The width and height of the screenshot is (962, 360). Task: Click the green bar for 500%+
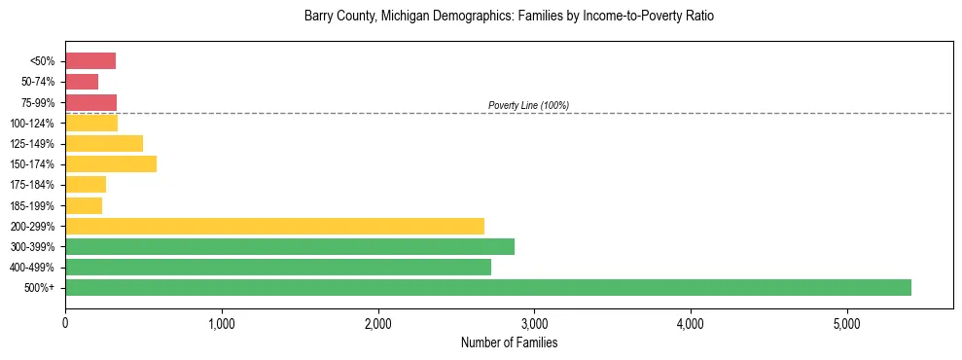(x=488, y=287)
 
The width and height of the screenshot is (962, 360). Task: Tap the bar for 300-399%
(x=290, y=246)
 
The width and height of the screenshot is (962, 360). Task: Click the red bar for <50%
(x=90, y=61)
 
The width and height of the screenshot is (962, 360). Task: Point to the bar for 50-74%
(x=82, y=82)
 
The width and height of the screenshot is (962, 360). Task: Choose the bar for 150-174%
(x=111, y=163)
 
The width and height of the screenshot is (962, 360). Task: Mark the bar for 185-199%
(x=84, y=205)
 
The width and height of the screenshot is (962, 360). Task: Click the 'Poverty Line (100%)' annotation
(x=528, y=105)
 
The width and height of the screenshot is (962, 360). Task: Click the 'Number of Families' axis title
(x=509, y=342)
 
